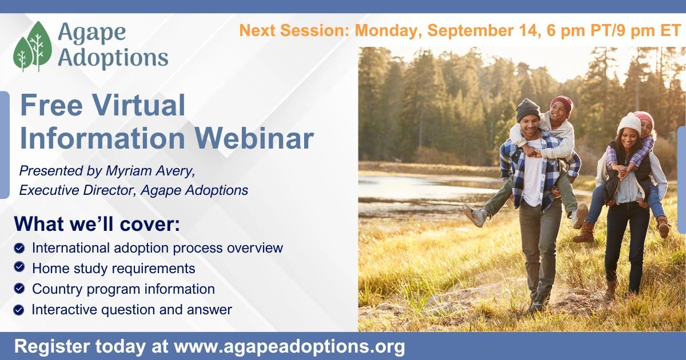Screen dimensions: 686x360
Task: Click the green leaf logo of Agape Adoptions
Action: (x=33, y=46)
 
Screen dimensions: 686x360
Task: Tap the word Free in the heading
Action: (x=51, y=105)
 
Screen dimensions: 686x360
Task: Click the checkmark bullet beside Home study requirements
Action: (x=19, y=267)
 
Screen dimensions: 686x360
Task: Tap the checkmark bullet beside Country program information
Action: (x=19, y=288)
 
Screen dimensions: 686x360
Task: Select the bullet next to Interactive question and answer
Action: (x=19, y=310)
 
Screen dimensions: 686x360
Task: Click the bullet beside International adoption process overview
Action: (x=19, y=247)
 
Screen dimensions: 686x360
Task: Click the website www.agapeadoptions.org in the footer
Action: (x=289, y=347)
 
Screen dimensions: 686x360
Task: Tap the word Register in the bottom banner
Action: (x=52, y=347)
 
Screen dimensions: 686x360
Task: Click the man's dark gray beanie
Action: (x=528, y=110)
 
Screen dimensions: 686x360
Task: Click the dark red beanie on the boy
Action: (x=561, y=103)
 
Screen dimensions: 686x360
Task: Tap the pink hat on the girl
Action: (x=645, y=118)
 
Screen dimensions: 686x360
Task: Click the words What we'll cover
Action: (x=97, y=224)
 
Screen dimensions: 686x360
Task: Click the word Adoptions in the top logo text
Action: (x=113, y=57)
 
